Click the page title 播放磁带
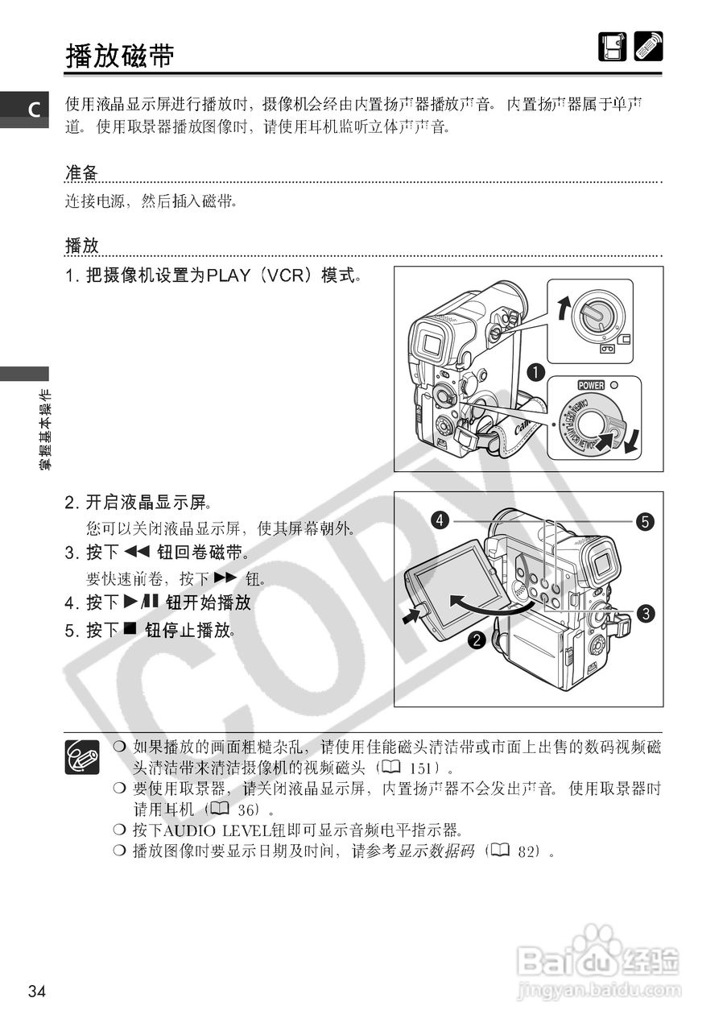[120, 56]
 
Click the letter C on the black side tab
[35, 110]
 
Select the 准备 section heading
[81, 173]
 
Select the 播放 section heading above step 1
[81, 245]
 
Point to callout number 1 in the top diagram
[532, 372]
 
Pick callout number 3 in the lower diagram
[645, 614]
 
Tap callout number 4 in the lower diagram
[440, 521]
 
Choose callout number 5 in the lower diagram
[645, 521]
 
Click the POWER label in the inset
[591, 385]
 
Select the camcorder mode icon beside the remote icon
[612, 47]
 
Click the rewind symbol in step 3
[138, 553]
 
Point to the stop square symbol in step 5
[131, 629]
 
